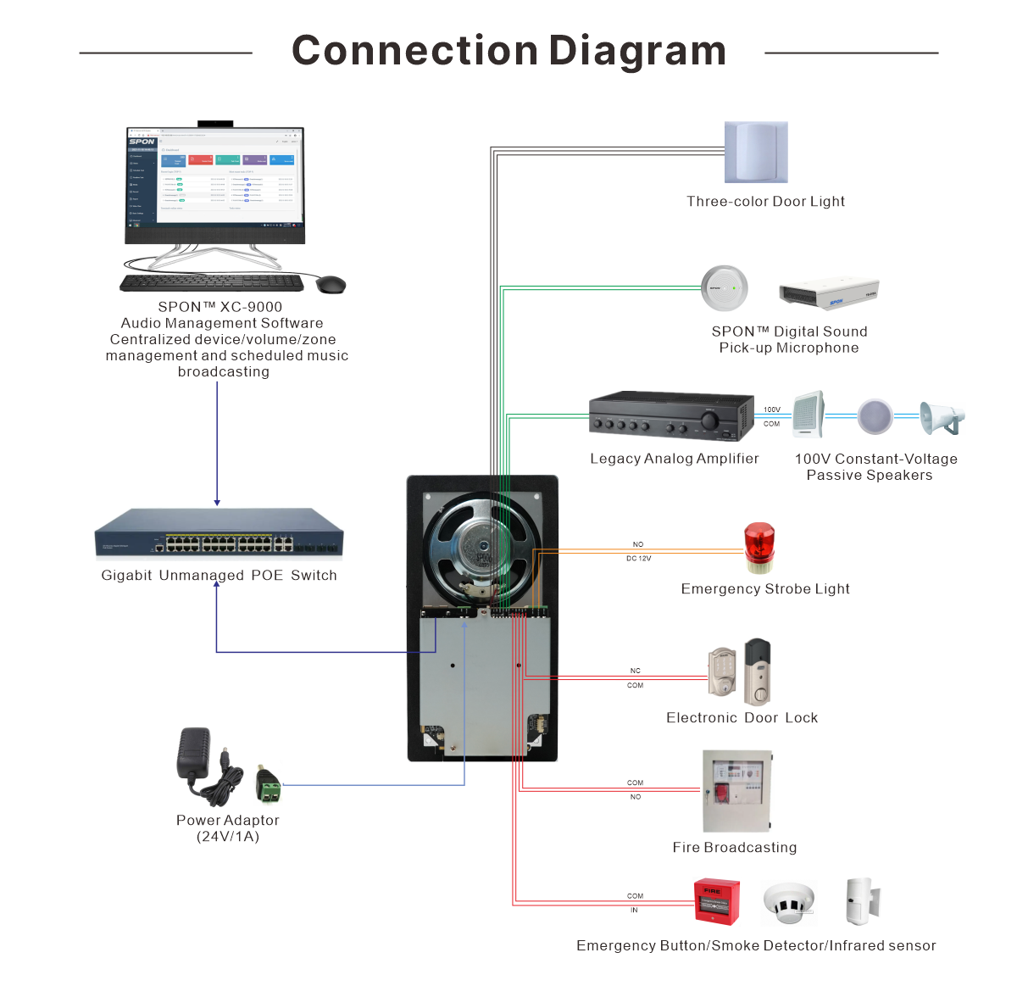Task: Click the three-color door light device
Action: tap(756, 152)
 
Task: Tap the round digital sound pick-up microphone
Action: tap(725, 288)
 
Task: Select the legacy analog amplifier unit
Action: tap(671, 415)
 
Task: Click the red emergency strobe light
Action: tap(759, 548)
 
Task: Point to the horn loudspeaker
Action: tap(942, 418)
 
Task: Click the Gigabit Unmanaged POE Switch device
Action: tap(220, 534)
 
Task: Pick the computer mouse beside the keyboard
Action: tap(331, 284)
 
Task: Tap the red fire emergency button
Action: tap(716, 901)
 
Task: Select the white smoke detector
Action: tap(788, 902)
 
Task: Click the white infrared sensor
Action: tap(862, 900)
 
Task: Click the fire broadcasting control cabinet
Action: tap(736, 791)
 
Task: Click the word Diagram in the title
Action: tap(636, 51)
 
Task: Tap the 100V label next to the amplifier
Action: tap(771, 409)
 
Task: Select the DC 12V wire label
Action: tap(638, 559)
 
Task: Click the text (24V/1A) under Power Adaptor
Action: tap(228, 837)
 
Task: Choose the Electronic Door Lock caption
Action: tap(742, 718)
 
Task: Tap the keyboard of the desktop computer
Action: tap(212, 282)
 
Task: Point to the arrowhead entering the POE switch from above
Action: tap(217, 503)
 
